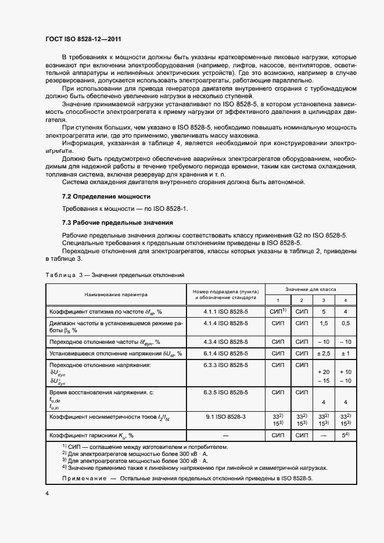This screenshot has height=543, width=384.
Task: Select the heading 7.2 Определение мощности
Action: [106, 196]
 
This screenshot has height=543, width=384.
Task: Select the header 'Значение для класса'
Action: [310, 289]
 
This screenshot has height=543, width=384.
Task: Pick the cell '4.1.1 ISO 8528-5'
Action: [225, 312]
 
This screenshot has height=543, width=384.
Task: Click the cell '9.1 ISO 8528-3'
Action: [225, 416]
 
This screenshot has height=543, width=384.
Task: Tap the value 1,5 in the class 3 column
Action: [324, 325]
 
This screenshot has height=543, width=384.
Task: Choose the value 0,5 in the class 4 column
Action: [345, 325]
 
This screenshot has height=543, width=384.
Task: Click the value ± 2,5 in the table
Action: [324, 353]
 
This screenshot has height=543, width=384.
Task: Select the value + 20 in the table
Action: [324, 372]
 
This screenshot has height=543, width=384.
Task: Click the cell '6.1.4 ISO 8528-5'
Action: [225, 353]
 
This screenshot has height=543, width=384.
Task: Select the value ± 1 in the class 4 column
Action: [345, 353]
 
